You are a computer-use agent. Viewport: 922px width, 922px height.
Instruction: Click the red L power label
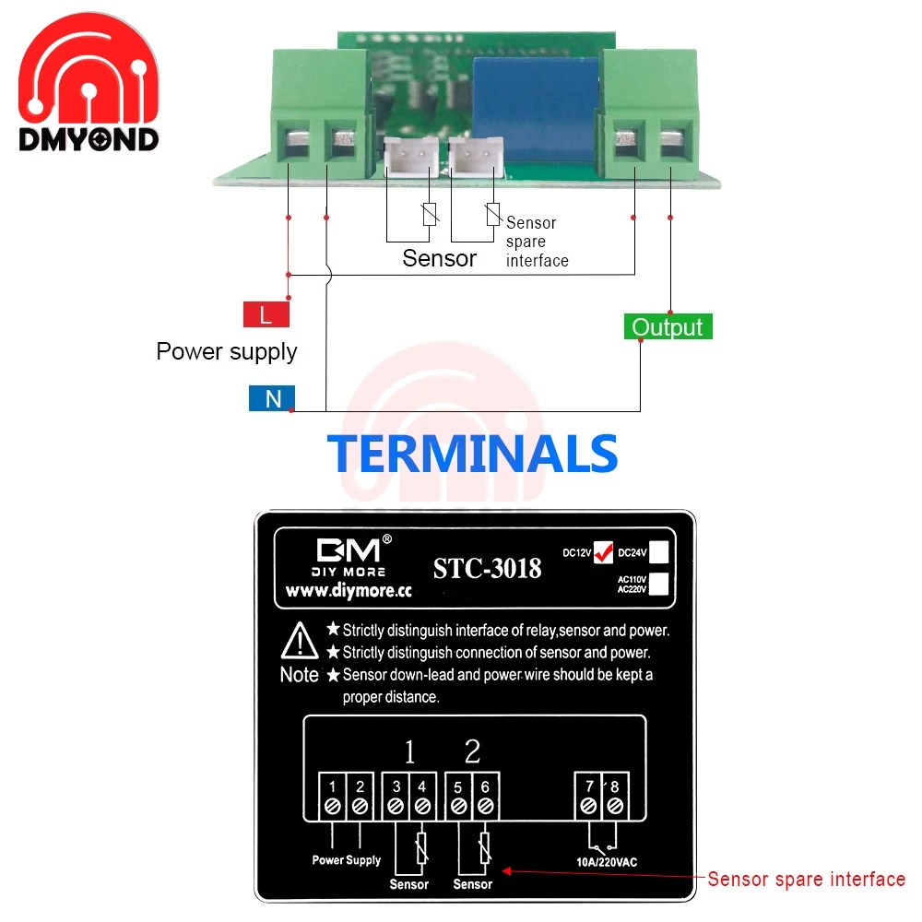tap(266, 315)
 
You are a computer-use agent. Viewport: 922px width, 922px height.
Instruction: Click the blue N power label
tap(272, 398)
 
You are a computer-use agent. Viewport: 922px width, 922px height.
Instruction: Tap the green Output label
tap(668, 326)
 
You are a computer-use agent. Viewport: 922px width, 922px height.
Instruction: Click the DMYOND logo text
tap(89, 139)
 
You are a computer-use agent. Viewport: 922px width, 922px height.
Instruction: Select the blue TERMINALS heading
tap(472, 454)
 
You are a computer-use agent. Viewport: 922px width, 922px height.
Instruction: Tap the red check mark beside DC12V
tap(604, 550)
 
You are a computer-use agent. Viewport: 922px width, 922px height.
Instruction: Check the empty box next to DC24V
tap(658, 552)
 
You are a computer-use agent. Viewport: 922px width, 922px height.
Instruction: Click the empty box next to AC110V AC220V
tap(658, 585)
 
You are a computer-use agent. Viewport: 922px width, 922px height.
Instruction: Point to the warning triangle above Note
tap(300, 638)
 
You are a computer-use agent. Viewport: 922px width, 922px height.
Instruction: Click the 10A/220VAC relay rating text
tap(600, 862)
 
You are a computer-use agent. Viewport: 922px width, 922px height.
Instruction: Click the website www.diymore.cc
tap(348, 591)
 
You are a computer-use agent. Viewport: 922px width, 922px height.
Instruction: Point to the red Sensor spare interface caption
tap(806, 879)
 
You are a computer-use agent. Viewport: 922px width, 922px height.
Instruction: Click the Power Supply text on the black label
tap(346, 860)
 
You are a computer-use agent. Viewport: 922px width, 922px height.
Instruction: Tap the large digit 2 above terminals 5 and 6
tap(472, 752)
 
